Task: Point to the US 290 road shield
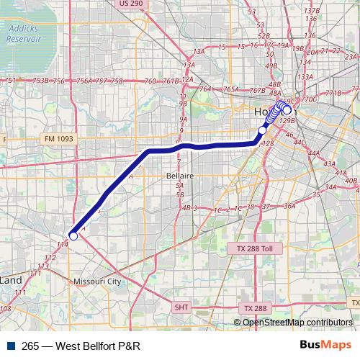click(x=131, y=4)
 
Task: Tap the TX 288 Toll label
click(x=255, y=248)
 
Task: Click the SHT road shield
click(x=182, y=307)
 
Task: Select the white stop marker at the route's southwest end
click(x=73, y=235)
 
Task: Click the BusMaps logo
click(x=325, y=345)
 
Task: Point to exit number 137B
click(x=312, y=11)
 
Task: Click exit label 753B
click(x=41, y=81)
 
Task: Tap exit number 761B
click(x=171, y=81)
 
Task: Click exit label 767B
click(x=256, y=91)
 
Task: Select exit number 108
click(x=6, y=309)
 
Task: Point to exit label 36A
click(x=289, y=206)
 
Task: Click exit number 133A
click(x=305, y=76)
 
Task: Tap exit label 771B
click(x=333, y=93)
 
